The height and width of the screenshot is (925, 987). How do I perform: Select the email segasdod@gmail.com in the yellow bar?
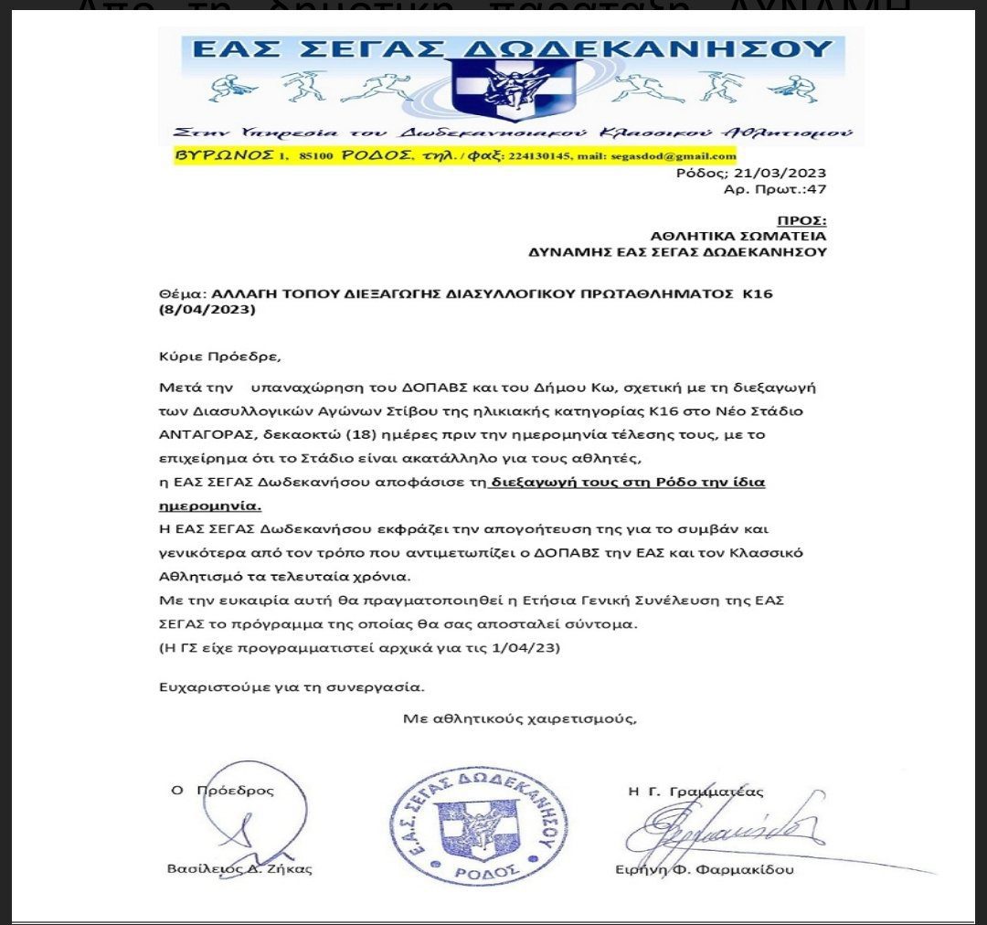[677, 156]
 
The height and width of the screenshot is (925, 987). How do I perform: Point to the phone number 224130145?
[540, 156]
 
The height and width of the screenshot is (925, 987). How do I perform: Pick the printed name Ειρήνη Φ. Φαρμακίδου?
[705, 869]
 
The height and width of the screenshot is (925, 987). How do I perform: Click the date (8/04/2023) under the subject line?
[207, 309]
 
